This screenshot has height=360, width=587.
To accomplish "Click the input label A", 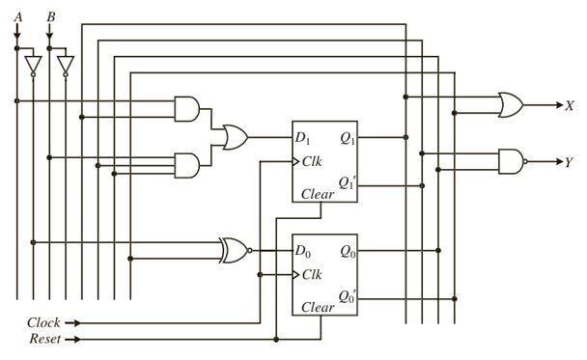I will (x=16, y=15).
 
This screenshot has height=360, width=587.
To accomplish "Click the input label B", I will (x=49, y=15).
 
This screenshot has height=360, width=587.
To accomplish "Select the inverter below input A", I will (x=33, y=65).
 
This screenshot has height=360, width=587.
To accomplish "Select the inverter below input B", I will (x=65, y=65).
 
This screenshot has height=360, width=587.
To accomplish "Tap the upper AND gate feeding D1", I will (x=187, y=109).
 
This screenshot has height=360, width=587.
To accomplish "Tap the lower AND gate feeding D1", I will (x=187, y=165).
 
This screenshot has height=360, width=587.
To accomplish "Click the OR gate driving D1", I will (x=234, y=138).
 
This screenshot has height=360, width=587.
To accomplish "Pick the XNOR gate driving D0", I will (x=234, y=250).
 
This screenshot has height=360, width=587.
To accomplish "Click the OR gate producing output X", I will (x=509, y=104).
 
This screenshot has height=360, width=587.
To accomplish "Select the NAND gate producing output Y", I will (x=510, y=160).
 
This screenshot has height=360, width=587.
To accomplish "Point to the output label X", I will (x=570, y=105).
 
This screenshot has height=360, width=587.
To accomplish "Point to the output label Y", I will (x=570, y=161).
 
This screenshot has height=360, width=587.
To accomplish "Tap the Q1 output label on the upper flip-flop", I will (x=348, y=138).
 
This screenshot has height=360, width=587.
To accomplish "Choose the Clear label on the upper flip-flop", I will (x=318, y=194).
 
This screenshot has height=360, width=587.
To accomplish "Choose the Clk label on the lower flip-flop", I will (x=312, y=275).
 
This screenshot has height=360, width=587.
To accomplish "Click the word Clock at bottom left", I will (x=44, y=323).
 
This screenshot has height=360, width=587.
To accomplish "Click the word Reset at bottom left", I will (x=44, y=340).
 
